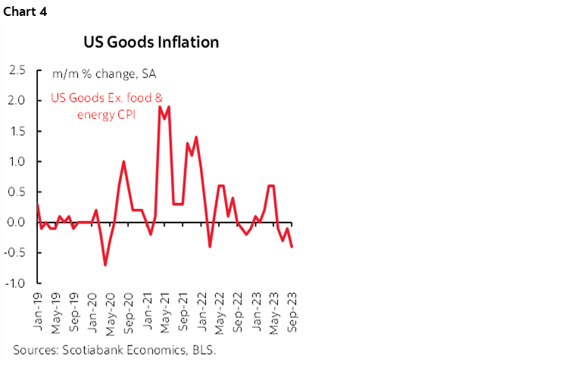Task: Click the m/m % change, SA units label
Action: click(x=104, y=74)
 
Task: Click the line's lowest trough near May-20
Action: click(x=105, y=265)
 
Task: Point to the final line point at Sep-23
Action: click(x=292, y=246)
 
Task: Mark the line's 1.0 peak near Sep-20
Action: click(x=123, y=161)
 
